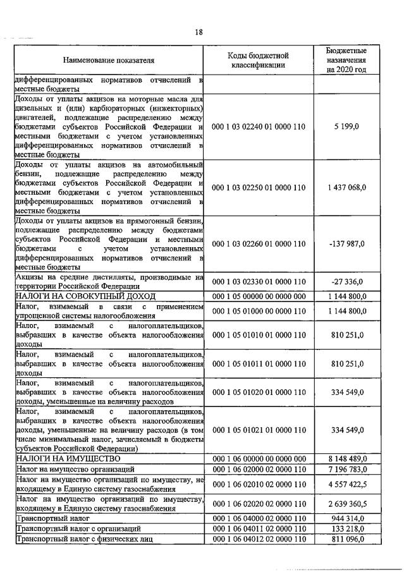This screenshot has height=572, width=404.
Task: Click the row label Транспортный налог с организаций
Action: click(78, 528)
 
